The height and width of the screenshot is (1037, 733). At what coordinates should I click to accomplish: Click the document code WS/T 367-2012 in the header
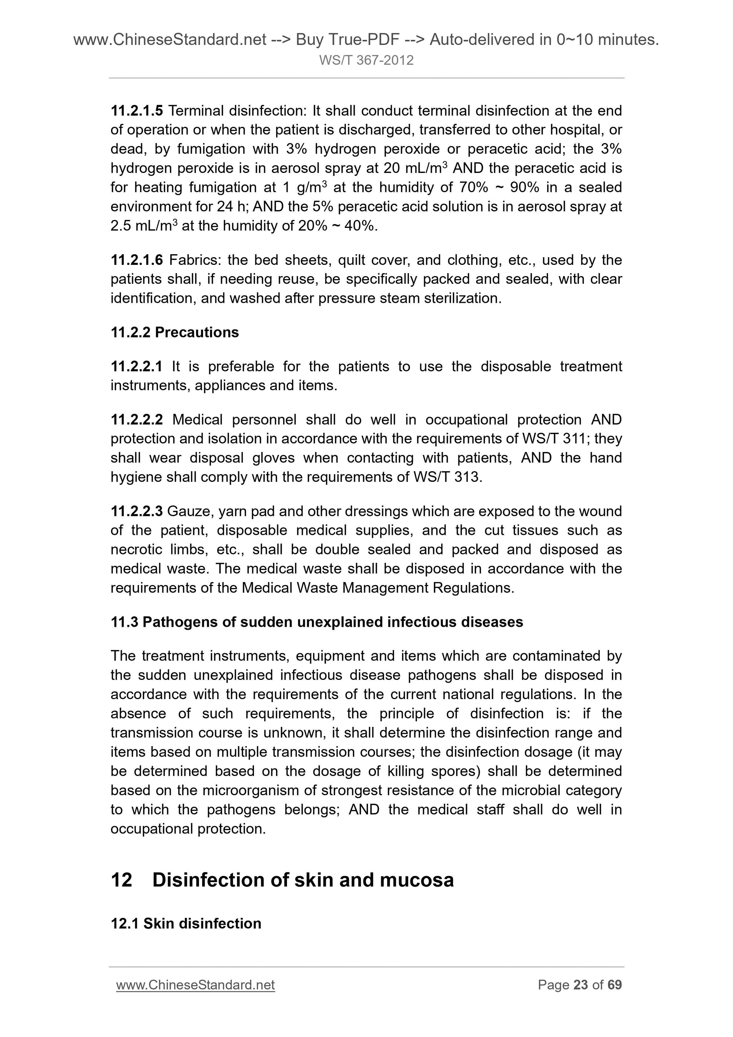(366, 60)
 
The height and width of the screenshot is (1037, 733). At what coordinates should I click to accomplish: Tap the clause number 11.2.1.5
(136, 111)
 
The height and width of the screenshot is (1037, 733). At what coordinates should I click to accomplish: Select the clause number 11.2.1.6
(136, 260)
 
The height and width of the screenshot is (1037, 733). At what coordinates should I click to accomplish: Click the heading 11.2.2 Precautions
(174, 332)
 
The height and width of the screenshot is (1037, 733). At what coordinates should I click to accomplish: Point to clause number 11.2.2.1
(136, 366)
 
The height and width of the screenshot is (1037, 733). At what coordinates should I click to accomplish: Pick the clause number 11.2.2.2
(136, 420)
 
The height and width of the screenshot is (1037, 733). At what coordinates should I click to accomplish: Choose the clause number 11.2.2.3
(136, 511)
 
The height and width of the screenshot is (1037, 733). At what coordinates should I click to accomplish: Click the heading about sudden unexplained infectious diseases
(317, 622)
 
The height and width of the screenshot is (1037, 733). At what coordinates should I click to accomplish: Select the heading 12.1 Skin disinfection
(186, 924)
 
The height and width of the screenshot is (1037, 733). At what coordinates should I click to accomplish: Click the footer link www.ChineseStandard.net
(195, 985)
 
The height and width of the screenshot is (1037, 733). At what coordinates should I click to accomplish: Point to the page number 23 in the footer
(580, 985)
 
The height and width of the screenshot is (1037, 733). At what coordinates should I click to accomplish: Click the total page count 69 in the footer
(614, 985)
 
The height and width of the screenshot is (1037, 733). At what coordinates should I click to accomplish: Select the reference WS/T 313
(447, 477)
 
